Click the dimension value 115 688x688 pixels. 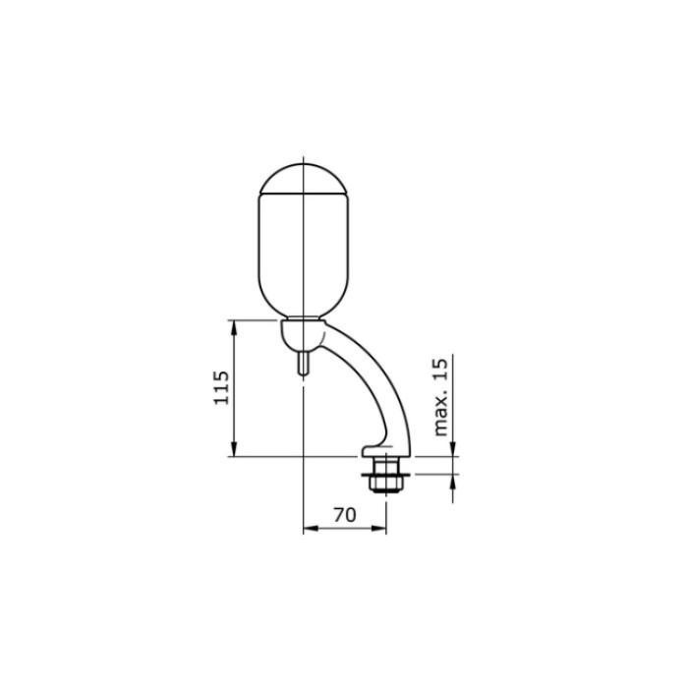(221, 388)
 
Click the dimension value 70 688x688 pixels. (345, 515)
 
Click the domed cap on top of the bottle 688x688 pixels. (304, 179)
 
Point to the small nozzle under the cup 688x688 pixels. (303, 364)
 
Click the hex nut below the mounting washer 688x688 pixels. (385, 484)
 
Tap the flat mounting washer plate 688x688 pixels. (385, 475)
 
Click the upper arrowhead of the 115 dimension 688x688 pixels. (234, 327)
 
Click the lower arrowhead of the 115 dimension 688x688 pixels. (234, 449)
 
